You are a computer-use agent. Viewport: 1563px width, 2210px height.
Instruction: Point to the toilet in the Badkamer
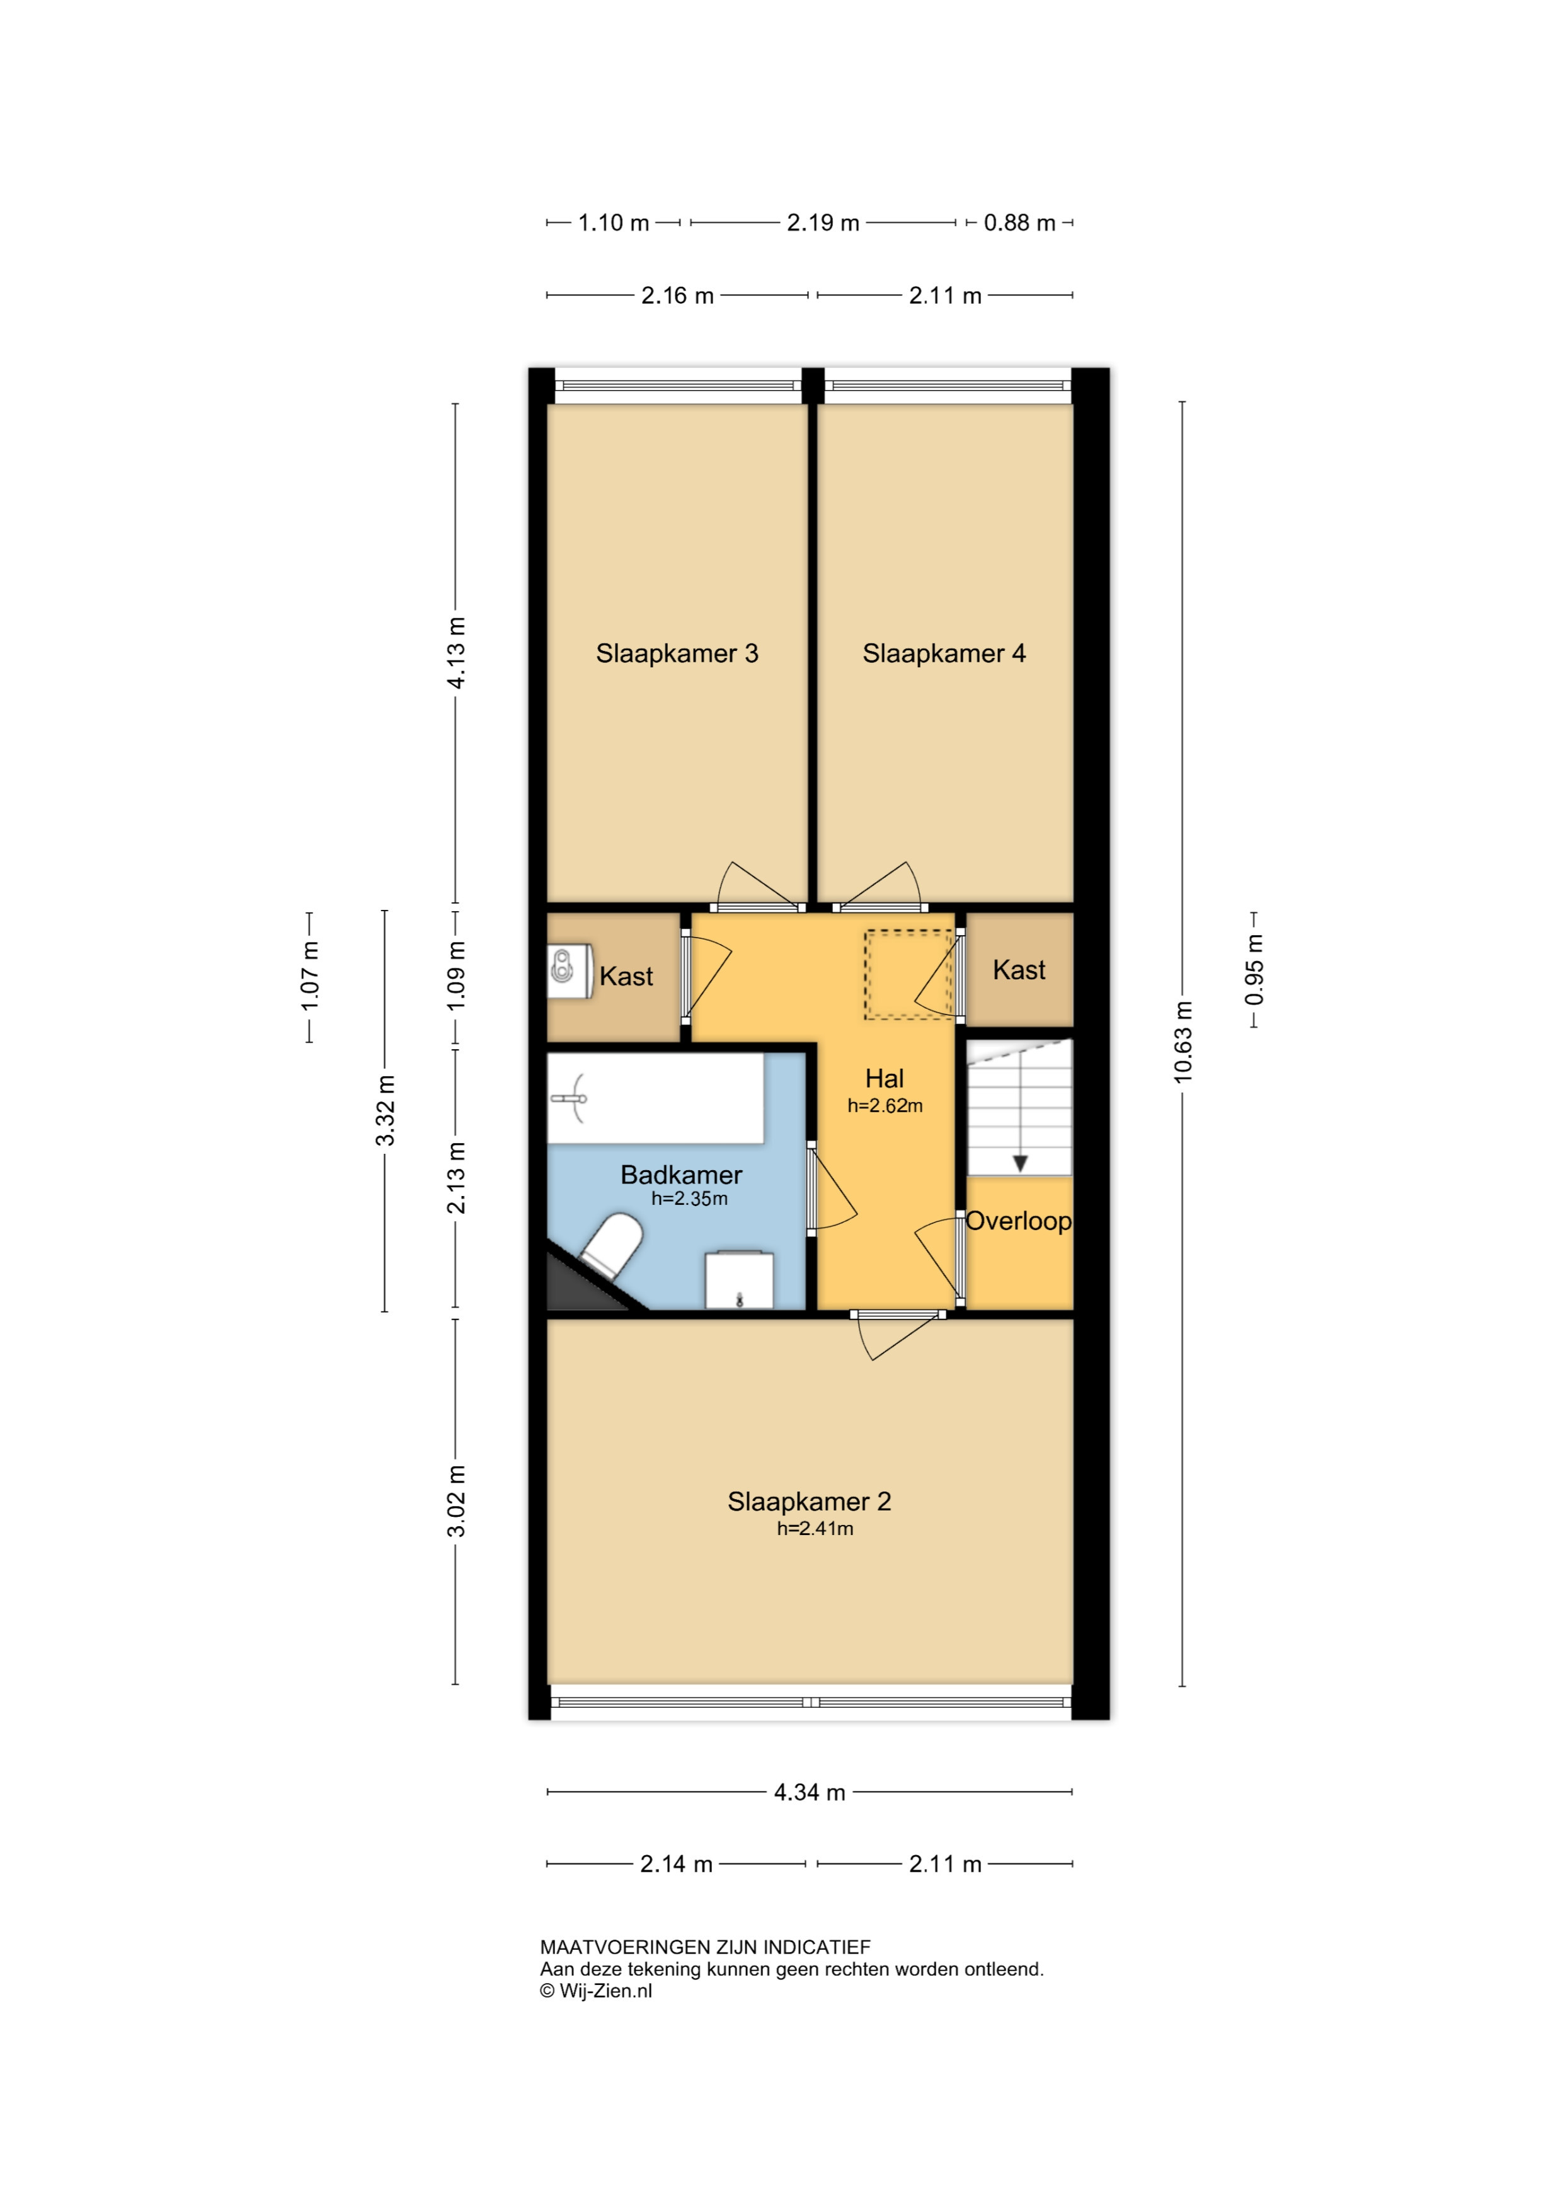[610, 1245]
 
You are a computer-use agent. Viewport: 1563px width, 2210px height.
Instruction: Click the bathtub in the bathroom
[655, 1098]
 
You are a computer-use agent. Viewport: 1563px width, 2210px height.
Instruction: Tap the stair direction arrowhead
[1020, 1164]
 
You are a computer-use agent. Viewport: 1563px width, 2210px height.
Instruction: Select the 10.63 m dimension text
[1183, 1042]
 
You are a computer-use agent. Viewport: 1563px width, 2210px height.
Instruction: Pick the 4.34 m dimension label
[810, 1792]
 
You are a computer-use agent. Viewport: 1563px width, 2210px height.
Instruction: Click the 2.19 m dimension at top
[823, 222]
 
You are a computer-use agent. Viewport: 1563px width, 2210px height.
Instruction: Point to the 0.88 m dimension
[1019, 222]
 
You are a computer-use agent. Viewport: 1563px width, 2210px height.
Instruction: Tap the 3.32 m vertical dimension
[385, 1111]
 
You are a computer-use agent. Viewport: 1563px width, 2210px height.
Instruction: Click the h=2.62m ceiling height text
[885, 1106]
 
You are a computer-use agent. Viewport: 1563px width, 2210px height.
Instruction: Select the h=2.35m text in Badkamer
[689, 1199]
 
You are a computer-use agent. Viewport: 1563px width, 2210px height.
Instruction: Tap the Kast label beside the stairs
[1019, 970]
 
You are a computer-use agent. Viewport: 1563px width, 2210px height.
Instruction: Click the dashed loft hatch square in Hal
[908, 974]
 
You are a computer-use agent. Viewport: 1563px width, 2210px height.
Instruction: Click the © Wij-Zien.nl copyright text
[596, 1991]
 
